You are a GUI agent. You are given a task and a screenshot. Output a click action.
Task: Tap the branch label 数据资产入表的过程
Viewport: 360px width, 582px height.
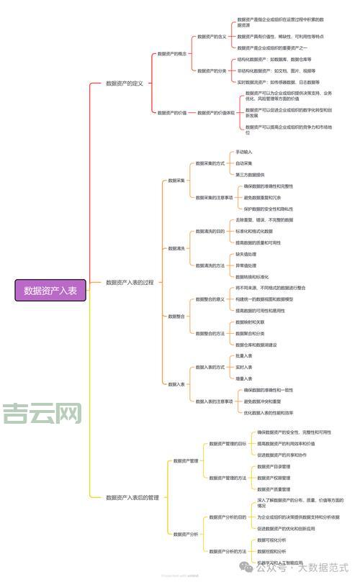pyautogui.click(x=130, y=283)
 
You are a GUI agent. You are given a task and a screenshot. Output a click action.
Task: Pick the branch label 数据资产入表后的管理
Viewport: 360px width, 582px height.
pyautogui.click(x=132, y=497)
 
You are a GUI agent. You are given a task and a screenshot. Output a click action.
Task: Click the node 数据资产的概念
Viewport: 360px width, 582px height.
pyautogui.click(x=172, y=53)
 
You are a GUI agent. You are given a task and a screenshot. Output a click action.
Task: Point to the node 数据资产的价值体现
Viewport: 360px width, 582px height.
pyautogui.click(x=216, y=112)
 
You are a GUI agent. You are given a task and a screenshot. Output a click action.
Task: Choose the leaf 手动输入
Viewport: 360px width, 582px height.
pyautogui.click(x=244, y=153)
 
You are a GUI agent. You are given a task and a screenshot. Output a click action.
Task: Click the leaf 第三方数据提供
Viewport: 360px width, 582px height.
pyautogui.click(x=250, y=174)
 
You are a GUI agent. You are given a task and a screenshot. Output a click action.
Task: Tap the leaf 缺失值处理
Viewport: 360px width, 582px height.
pyautogui.click(x=246, y=254)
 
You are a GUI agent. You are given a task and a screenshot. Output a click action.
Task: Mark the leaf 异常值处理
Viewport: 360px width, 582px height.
pyautogui.click(x=246, y=265)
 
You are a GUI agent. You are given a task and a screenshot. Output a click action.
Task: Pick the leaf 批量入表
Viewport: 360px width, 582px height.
pyautogui.click(x=244, y=356)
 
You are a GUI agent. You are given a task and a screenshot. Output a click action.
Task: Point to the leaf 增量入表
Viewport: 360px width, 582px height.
pyautogui.click(x=244, y=378)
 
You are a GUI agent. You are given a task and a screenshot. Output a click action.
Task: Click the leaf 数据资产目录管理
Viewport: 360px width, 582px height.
pyautogui.click(x=274, y=466)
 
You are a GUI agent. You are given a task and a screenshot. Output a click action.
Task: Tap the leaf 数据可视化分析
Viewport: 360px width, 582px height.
pyautogui.click(x=271, y=540)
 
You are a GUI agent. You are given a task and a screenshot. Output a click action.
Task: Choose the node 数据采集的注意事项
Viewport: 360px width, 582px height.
pyautogui.click(x=215, y=197)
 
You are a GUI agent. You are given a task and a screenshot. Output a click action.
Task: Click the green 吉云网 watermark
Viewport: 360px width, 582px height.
pyautogui.click(x=42, y=413)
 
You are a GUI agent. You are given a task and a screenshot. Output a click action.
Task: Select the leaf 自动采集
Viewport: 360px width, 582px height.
pyautogui.click(x=244, y=163)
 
